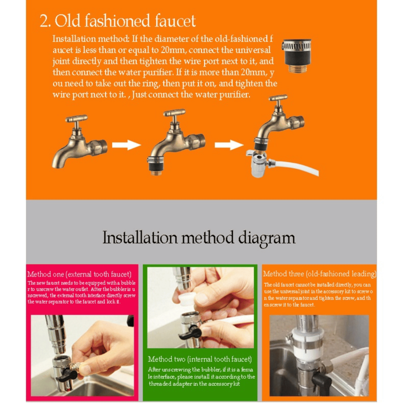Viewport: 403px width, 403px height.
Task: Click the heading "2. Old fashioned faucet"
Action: [118, 21]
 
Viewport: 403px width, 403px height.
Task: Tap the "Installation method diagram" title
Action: [199, 237]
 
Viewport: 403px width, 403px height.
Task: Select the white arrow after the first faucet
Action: [126, 145]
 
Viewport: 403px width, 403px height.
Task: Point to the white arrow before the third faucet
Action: [229, 145]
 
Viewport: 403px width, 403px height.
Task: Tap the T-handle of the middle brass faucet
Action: [174, 113]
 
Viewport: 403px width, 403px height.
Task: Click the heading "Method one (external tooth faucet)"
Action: [79, 274]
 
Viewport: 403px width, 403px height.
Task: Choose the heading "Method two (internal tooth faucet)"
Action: [200, 359]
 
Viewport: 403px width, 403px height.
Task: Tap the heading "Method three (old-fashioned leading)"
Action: [319, 274]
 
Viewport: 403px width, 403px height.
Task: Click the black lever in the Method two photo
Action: [190, 333]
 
